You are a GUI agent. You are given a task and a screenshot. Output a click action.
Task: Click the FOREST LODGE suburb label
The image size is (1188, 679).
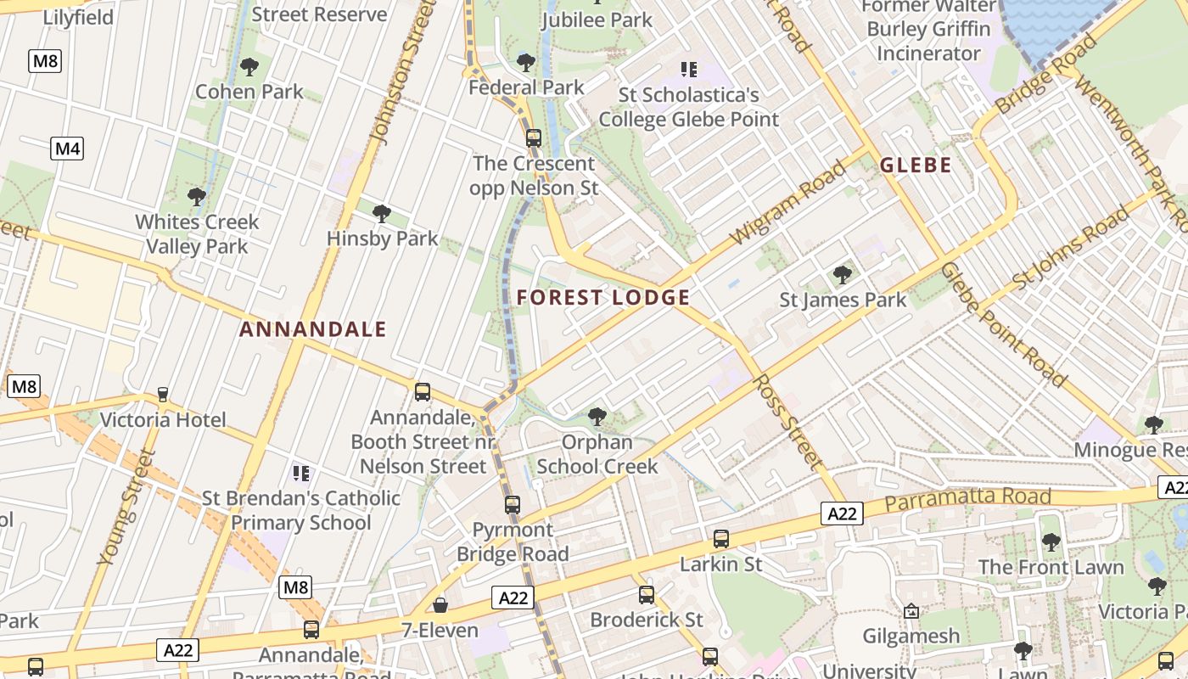[602, 298]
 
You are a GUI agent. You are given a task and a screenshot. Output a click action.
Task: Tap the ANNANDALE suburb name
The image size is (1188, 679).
[312, 329]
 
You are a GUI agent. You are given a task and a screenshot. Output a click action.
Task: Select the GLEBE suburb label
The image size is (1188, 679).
[916, 165]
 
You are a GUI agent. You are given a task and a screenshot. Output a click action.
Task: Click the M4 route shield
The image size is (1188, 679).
[67, 149]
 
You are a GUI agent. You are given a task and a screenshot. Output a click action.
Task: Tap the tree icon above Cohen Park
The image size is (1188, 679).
[249, 67]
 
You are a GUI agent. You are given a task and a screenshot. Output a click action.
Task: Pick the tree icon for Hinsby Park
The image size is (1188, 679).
[382, 214]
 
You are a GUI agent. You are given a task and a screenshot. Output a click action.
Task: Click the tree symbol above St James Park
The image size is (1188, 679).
[843, 275]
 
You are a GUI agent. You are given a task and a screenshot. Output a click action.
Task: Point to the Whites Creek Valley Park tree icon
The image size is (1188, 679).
[197, 198]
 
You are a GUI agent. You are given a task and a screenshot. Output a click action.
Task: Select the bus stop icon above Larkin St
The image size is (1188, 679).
[721, 538]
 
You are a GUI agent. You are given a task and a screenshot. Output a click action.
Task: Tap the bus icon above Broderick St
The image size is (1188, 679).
[647, 595]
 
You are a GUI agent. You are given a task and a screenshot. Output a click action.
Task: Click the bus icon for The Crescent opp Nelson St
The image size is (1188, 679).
[534, 137]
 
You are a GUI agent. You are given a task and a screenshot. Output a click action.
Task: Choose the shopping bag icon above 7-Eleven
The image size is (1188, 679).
[440, 605]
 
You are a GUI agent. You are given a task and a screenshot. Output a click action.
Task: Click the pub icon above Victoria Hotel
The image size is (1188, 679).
[163, 395]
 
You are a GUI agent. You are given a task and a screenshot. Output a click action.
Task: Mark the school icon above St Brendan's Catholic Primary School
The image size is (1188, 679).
[300, 473]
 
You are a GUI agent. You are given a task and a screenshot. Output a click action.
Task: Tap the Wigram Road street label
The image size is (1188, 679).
[788, 202]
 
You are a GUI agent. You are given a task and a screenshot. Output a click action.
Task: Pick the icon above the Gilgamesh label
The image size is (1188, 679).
[911, 611]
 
